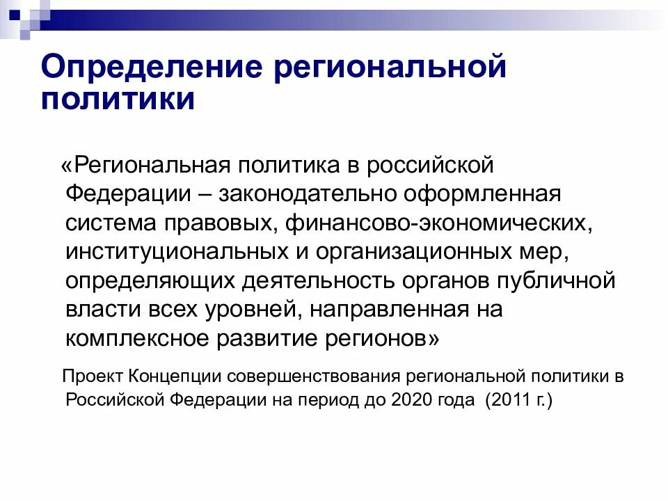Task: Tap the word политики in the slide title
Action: pos(118,100)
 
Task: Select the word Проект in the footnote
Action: pos(93,377)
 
